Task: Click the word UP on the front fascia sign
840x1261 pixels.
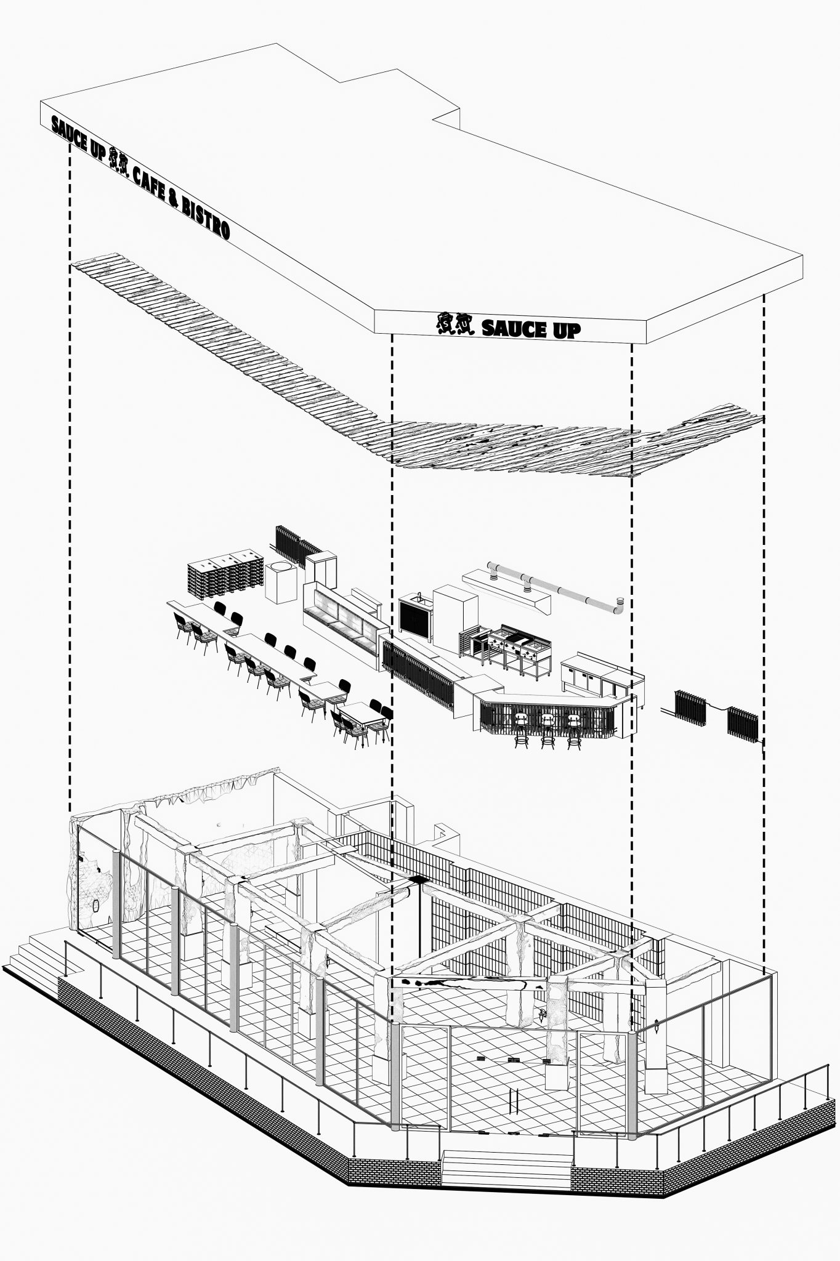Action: (x=565, y=330)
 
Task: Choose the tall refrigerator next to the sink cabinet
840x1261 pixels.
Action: (x=454, y=611)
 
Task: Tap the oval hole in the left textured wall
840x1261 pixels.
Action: (x=96, y=906)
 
